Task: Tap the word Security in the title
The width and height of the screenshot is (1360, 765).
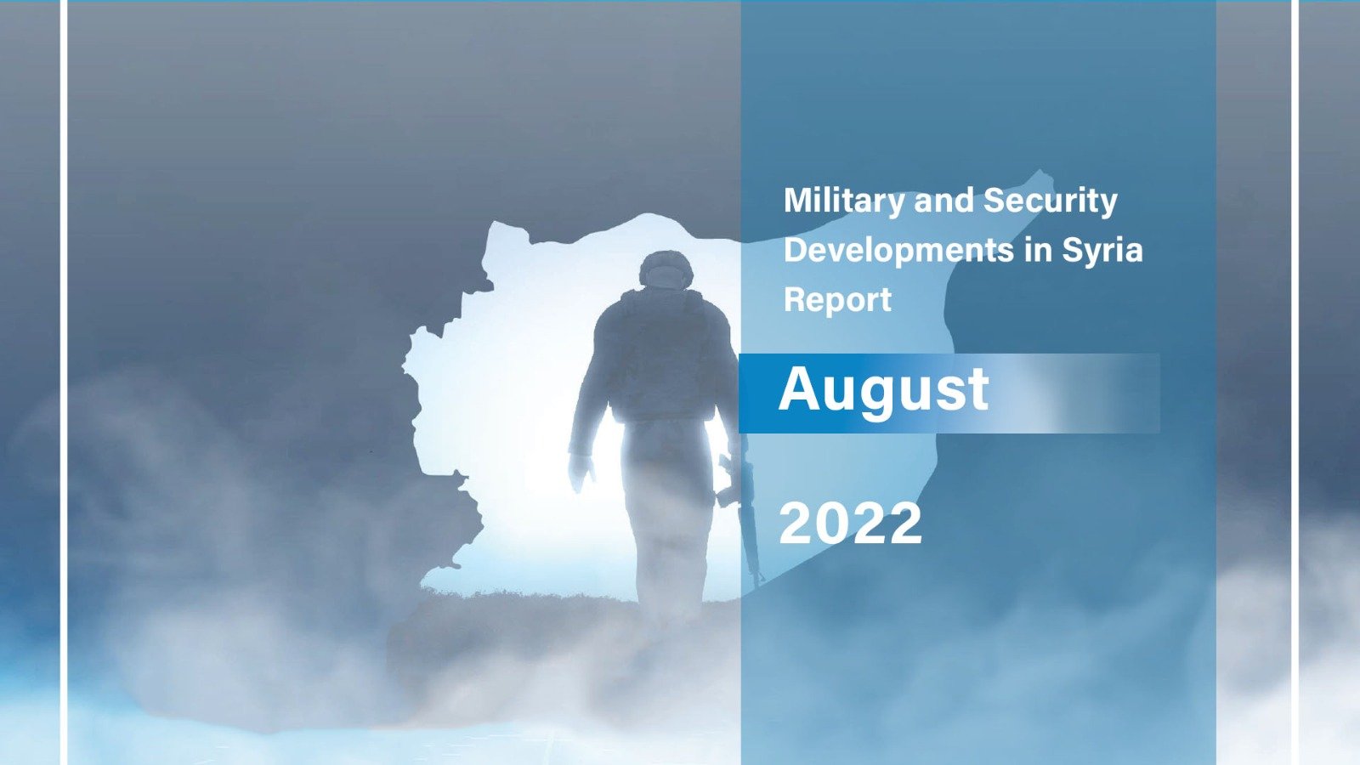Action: coord(1051,201)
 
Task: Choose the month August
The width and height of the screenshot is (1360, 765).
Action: coord(884,391)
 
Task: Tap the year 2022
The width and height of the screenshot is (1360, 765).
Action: coord(851,524)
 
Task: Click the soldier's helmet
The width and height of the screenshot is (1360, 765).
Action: coord(666,269)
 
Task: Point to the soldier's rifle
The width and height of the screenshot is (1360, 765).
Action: coord(745,516)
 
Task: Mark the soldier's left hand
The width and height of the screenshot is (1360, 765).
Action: coord(581,472)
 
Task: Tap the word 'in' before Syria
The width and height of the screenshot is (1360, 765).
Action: coord(1038,250)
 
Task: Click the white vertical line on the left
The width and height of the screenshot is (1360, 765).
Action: coord(64,382)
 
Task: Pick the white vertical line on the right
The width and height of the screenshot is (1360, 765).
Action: coord(1295,382)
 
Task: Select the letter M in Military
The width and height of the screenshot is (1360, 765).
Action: coord(798,201)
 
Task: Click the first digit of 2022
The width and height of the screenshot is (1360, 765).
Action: coord(796,524)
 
